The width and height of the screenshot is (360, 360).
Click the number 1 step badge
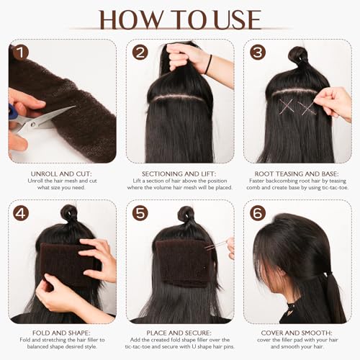pos(20,53)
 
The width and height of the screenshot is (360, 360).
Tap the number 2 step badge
pos(140,53)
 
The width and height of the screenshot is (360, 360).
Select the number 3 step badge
pos(257,53)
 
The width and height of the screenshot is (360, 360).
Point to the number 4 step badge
pos(20,214)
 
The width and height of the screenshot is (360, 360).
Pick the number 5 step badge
pos(140,214)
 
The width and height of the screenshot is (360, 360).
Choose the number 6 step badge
pos(257,214)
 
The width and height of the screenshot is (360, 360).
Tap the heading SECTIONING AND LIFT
pos(179,175)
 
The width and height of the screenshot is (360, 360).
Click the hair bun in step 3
pos(297,55)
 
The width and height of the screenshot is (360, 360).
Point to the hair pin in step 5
pos(215,246)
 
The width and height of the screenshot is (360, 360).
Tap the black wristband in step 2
pos(208,65)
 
